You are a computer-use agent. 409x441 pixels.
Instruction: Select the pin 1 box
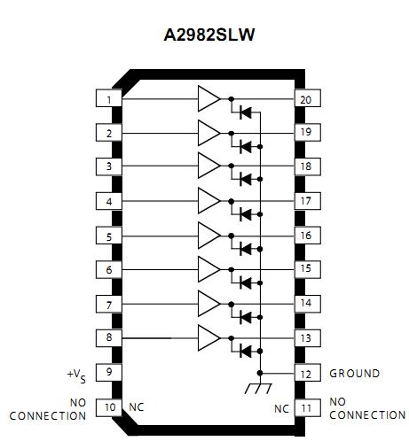(108, 99)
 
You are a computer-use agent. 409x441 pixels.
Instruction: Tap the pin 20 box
(305, 99)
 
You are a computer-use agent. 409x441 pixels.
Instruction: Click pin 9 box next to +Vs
(108, 372)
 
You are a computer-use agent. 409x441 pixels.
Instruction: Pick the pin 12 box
(305, 373)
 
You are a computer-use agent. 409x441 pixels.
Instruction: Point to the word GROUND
(355, 373)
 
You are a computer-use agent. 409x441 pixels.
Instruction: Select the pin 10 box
(108, 407)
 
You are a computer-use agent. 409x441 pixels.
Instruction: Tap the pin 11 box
(305, 407)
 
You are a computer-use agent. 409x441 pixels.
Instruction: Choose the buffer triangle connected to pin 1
(208, 99)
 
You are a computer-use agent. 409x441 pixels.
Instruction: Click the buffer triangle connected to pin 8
(208, 337)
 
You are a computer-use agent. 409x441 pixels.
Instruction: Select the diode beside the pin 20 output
(246, 112)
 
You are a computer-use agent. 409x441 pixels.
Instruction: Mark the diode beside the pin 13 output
(246, 351)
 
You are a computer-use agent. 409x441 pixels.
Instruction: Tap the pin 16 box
(305, 236)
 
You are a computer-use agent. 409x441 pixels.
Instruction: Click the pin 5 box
(108, 236)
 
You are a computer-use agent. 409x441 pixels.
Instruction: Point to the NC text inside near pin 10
(137, 407)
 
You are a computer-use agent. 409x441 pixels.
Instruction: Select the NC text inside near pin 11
(280, 407)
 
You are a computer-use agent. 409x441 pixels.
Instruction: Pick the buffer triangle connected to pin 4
(208, 201)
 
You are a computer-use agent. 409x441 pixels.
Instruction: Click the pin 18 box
(305, 166)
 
